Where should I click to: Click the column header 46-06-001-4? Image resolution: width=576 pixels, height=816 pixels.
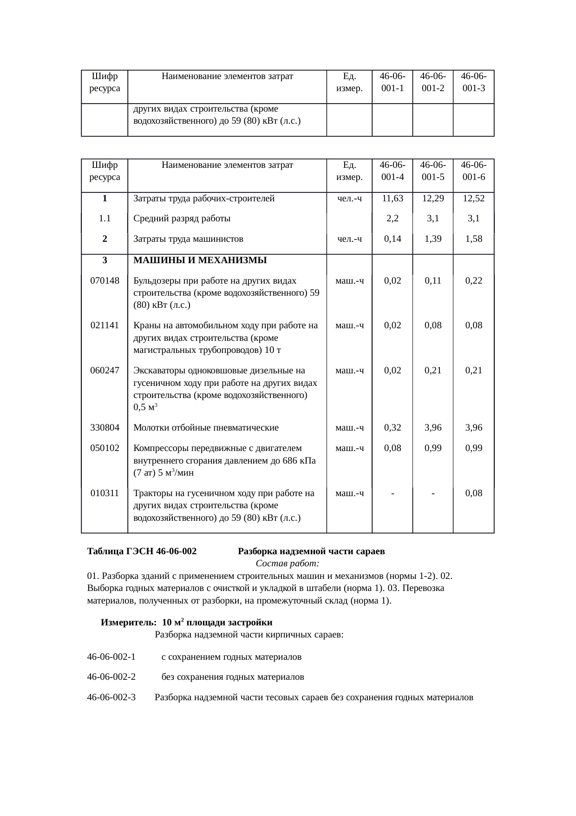tap(392, 171)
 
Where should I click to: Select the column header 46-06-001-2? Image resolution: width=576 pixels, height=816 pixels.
tap(432, 81)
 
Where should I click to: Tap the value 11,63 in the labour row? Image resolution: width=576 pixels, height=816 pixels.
tap(392, 199)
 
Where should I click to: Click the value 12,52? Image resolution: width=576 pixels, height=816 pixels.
tap(473, 199)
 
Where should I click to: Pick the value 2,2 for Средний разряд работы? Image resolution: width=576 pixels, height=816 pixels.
tap(392, 219)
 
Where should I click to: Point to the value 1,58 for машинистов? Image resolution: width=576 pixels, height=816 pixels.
tap(473, 239)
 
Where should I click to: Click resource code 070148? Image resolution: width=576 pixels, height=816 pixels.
tap(105, 281)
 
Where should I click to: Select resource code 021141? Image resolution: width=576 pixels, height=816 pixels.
tap(105, 325)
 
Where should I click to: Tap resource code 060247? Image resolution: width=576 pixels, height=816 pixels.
tap(105, 371)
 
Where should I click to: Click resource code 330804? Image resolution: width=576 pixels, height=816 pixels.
tap(105, 428)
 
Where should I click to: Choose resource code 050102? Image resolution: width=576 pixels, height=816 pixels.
tap(105, 448)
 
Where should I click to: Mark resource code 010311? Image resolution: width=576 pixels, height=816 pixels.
tap(105, 493)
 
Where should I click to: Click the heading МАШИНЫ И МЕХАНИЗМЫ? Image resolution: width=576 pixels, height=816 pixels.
tap(200, 260)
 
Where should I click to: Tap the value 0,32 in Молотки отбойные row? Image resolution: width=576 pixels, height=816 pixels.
tap(392, 428)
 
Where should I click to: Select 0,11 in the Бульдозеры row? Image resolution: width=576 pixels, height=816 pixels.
tap(432, 281)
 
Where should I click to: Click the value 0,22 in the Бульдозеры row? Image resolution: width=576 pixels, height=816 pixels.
tap(473, 281)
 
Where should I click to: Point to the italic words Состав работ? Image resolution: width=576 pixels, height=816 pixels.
tap(287, 564)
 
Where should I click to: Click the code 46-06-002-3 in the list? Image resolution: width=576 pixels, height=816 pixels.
tap(111, 697)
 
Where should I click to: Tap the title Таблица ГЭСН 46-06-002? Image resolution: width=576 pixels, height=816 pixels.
tap(142, 552)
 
